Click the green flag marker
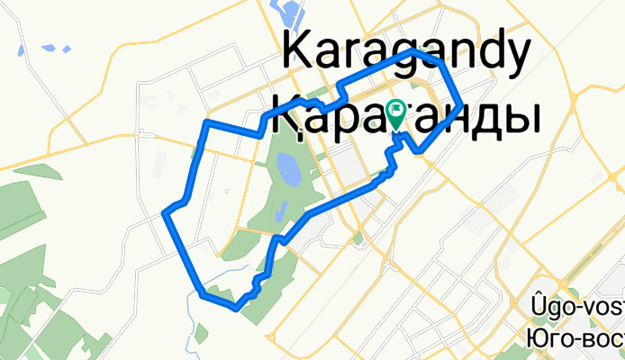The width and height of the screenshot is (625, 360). pos(396,112)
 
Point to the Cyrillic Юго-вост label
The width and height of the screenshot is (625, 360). pos(575,337)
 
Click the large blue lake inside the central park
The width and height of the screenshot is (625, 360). pos(288,168)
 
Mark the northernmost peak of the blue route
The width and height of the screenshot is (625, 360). pos(413,52)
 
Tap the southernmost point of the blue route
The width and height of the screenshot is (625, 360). pos(234,308)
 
